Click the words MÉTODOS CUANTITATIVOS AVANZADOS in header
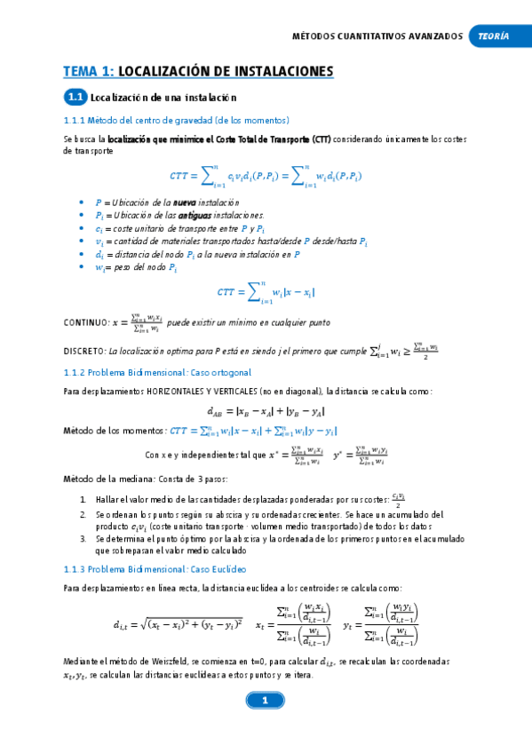click(377, 36)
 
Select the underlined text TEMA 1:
click(89, 71)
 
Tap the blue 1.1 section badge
click(75, 97)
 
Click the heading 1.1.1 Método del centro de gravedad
click(177, 120)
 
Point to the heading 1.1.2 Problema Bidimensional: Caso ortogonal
click(158, 372)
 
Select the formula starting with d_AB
click(266, 411)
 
